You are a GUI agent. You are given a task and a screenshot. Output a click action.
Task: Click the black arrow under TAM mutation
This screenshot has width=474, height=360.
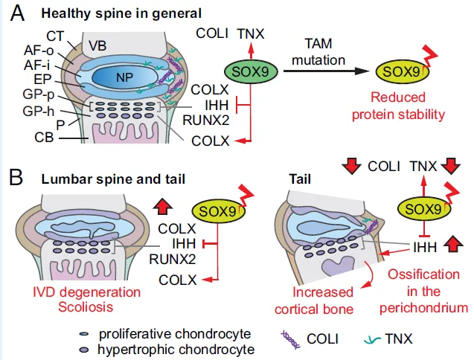pyautogui.click(x=330, y=71)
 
